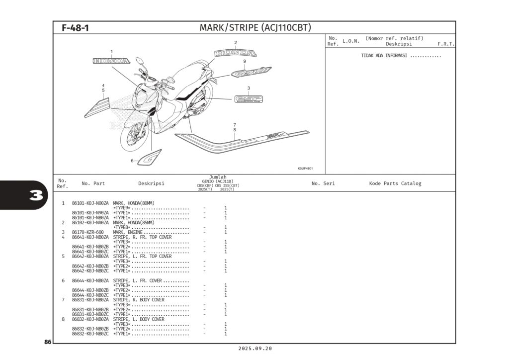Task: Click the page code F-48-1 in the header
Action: [x=75, y=28]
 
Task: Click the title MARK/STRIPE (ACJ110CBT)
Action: [x=255, y=28]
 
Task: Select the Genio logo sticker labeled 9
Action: [x=251, y=72]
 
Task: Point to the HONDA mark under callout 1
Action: [x=111, y=61]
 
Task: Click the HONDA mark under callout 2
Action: [x=236, y=53]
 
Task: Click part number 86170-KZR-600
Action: [x=87, y=232]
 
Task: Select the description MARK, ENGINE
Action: [x=128, y=232]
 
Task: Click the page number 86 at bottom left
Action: [x=48, y=342]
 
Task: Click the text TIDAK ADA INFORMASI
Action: [x=384, y=56]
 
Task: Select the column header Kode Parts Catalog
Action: [x=395, y=183]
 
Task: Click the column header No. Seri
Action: [x=323, y=183]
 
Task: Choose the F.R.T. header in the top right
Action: [x=446, y=44]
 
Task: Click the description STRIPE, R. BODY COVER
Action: [x=139, y=300]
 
